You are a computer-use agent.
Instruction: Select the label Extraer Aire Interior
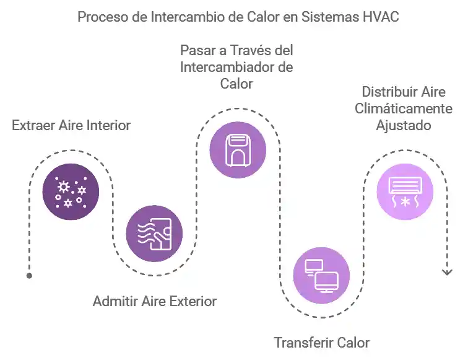71,125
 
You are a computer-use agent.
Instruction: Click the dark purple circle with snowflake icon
71,191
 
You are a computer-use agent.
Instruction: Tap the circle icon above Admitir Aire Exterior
154,234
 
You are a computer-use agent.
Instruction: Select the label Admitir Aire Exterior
155,302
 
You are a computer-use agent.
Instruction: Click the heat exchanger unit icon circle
238,149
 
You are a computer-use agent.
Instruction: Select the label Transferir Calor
322,343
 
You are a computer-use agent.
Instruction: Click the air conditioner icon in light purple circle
405,191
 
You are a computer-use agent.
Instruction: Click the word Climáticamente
403,108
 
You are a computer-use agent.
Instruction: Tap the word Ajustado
404,125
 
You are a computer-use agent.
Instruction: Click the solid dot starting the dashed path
29,276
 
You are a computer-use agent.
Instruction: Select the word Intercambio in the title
185,17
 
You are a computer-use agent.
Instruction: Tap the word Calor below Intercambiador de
236,83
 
